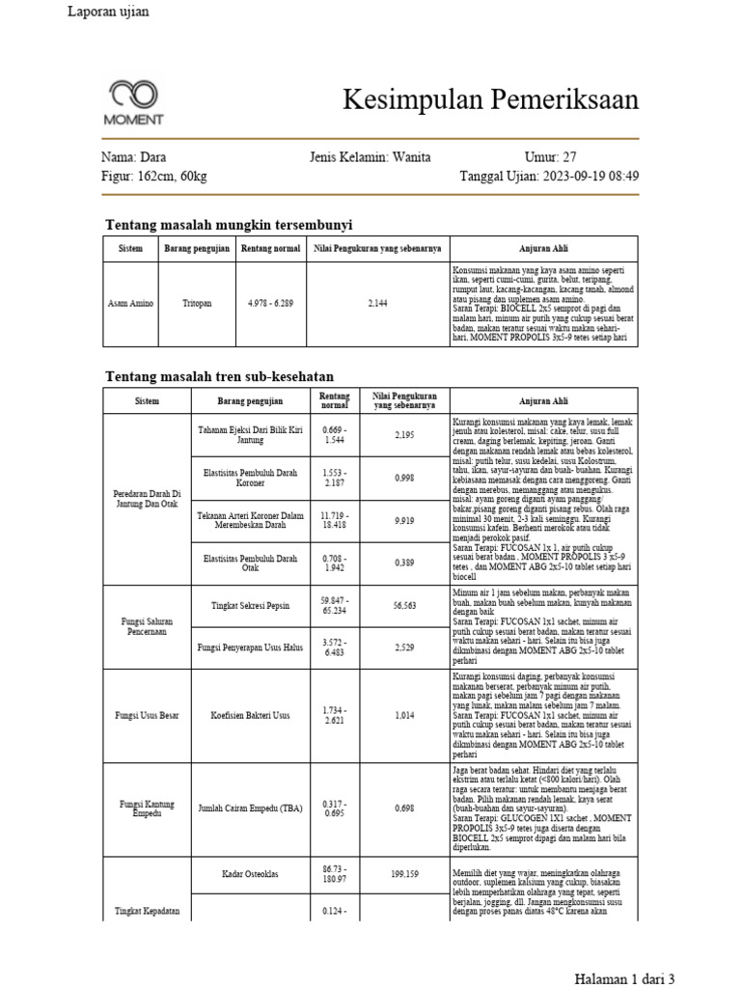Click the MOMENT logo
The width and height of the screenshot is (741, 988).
click(134, 102)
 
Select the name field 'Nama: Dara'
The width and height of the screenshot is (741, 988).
click(133, 157)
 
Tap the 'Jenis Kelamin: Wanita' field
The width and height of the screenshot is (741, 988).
click(370, 157)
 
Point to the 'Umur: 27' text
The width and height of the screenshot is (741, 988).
click(550, 157)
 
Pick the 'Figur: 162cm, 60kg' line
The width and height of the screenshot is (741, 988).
click(153, 177)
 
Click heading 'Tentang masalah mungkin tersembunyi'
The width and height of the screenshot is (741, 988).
click(228, 224)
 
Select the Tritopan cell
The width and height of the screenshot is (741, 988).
click(197, 303)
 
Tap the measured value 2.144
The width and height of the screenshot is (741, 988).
click(377, 303)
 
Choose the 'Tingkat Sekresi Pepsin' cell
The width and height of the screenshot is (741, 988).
click(250, 605)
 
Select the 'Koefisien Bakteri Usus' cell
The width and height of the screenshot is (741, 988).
click(250, 716)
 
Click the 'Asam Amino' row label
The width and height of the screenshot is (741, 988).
click(130, 303)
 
